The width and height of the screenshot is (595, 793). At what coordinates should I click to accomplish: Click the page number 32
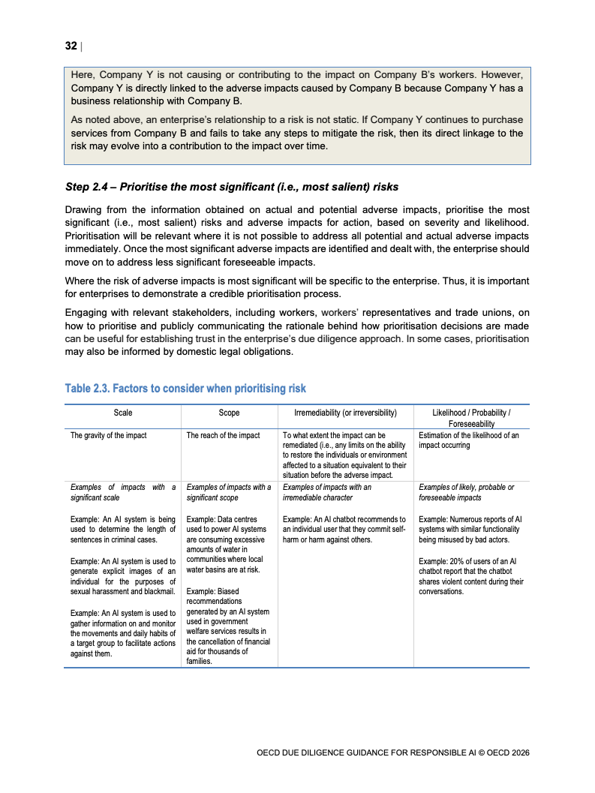pos(71,46)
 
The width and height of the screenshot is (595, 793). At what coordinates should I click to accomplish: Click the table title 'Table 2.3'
pos(185,388)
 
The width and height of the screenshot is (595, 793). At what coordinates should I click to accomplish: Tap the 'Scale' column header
pos(122,413)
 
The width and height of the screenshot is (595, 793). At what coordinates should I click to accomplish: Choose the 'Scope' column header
pos(229,413)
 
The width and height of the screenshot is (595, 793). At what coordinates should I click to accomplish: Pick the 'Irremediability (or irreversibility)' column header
pos(345,413)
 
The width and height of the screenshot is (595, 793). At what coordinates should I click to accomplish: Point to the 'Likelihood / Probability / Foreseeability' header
pos(471,418)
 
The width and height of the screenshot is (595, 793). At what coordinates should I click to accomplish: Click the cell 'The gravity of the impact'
pos(109,435)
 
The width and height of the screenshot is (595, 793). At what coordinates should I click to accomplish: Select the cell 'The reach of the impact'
pos(223,435)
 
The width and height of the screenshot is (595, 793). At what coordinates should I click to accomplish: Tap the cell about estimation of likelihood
pos(468,440)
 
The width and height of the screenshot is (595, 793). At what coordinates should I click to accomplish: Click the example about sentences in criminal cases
pos(122,529)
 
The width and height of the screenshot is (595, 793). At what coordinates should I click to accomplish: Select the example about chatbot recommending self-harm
pos(344,529)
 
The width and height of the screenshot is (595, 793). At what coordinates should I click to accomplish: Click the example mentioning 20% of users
pos(470,575)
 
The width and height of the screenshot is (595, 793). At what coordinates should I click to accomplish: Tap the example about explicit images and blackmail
pos(122,576)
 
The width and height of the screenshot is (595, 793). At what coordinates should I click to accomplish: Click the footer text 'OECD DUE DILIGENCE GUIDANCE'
pos(392,752)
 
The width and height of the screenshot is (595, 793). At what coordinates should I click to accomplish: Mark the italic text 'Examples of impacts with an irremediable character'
pos(328,492)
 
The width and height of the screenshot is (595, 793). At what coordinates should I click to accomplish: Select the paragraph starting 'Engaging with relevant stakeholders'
pos(296,332)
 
